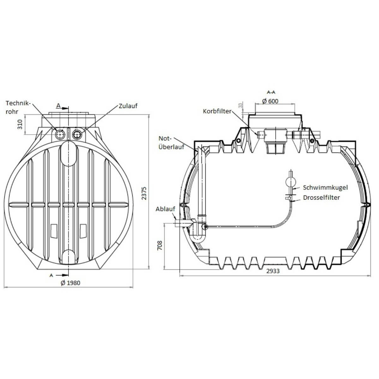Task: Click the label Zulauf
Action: tap(128, 106)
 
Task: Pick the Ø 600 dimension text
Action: tap(270, 101)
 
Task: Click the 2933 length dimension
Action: tap(273, 271)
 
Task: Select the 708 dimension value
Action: tap(159, 245)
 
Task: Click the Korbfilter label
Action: tap(217, 111)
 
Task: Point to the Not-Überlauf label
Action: tap(171, 143)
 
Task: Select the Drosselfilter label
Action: tap(321, 197)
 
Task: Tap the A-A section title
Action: tap(271, 92)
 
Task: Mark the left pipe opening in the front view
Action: tap(60, 135)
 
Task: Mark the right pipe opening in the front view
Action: tap(77, 135)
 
